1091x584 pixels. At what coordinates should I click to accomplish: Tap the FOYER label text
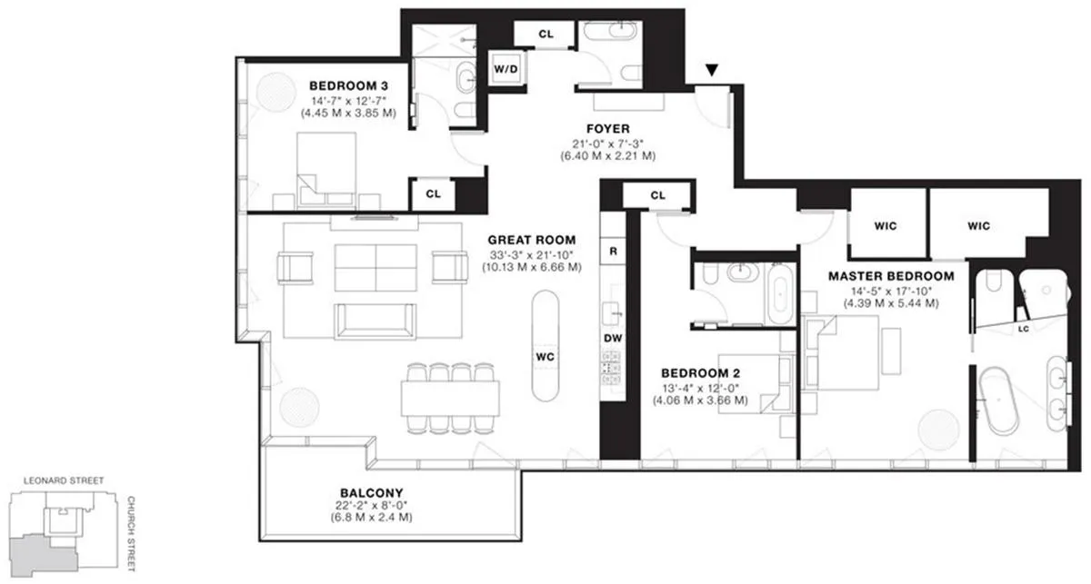pyautogui.click(x=607, y=129)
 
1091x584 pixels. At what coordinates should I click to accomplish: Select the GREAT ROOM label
pyautogui.click(x=531, y=241)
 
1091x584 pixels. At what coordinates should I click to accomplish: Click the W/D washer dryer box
pyautogui.click(x=505, y=69)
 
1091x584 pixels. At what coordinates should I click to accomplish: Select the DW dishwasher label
pyautogui.click(x=613, y=338)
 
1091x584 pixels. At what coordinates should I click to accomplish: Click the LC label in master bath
pyautogui.click(x=1023, y=328)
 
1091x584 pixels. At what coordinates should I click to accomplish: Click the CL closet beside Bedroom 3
pyautogui.click(x=433, y=193)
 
